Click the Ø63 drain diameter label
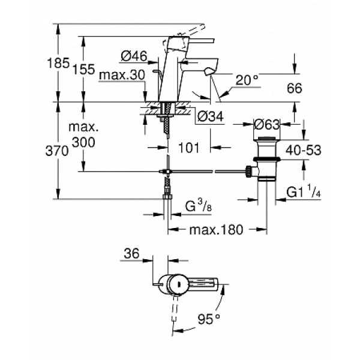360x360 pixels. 268,125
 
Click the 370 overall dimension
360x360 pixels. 65,152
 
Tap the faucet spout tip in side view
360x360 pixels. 208,73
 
